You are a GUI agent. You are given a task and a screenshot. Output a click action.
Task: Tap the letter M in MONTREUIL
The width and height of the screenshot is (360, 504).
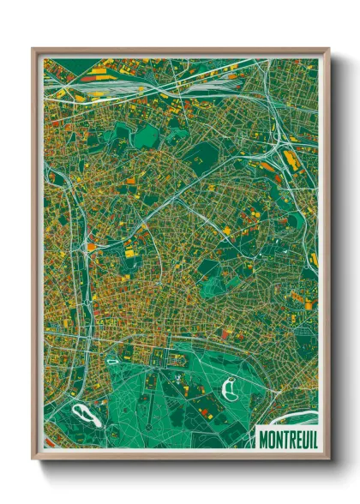(262, 439)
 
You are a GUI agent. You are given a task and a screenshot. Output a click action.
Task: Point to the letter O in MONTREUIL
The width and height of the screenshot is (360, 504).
(269, 439)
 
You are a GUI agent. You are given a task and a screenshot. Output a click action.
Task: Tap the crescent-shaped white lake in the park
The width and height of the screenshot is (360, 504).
(229, 390)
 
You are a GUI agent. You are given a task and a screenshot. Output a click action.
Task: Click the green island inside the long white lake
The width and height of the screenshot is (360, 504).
(83, 416)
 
